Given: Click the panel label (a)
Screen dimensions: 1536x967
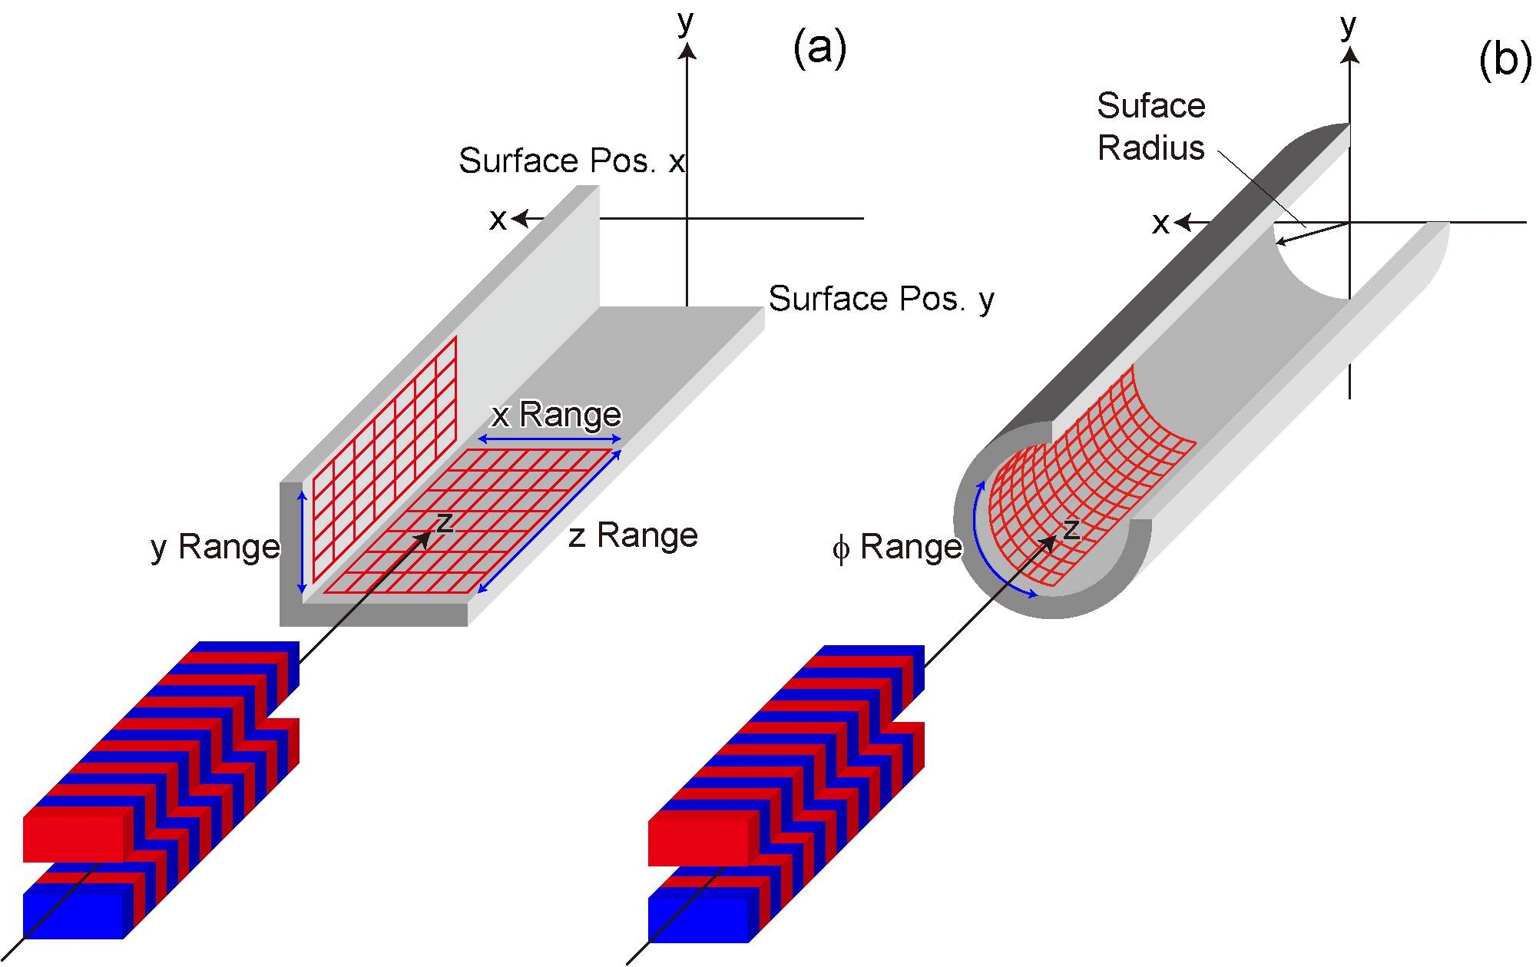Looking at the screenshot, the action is [x=819, y=48].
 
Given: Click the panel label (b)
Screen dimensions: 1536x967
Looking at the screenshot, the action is [x=1505, y=59].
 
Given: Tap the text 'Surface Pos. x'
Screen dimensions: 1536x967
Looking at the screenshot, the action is [x=572, y=161].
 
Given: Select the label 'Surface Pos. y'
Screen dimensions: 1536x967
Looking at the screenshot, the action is [x=882, y=300].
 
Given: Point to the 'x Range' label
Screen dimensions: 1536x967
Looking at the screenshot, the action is [x=557, y=415].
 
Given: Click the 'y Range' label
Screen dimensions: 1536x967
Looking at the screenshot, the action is [x=216, y=548].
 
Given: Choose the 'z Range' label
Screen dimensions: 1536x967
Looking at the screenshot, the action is [x=634, y=535].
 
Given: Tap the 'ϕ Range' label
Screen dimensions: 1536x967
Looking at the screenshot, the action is [x=898, y=548].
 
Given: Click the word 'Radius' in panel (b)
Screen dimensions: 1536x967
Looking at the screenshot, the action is [x=1151, y=147].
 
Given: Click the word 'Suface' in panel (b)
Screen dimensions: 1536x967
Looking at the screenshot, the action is [x=1151, y=105].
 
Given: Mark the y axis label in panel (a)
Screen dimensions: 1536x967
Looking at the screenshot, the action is [x=686, y=23].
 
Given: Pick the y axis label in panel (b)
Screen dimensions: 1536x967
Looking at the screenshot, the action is [x=1349, y=27].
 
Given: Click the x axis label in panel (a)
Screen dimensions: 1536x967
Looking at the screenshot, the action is [x=498, y=220].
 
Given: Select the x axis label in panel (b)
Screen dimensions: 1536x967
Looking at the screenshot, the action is [x=1161, y=224].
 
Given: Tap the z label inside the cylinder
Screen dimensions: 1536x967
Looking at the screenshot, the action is [x=1071, y=529].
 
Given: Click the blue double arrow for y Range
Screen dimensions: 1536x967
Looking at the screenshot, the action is [x=302, y=542].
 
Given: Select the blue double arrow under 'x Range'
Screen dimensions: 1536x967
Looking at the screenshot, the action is [x=550, y=439].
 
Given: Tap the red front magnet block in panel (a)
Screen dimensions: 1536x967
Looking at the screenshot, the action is [x=73, y=834].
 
